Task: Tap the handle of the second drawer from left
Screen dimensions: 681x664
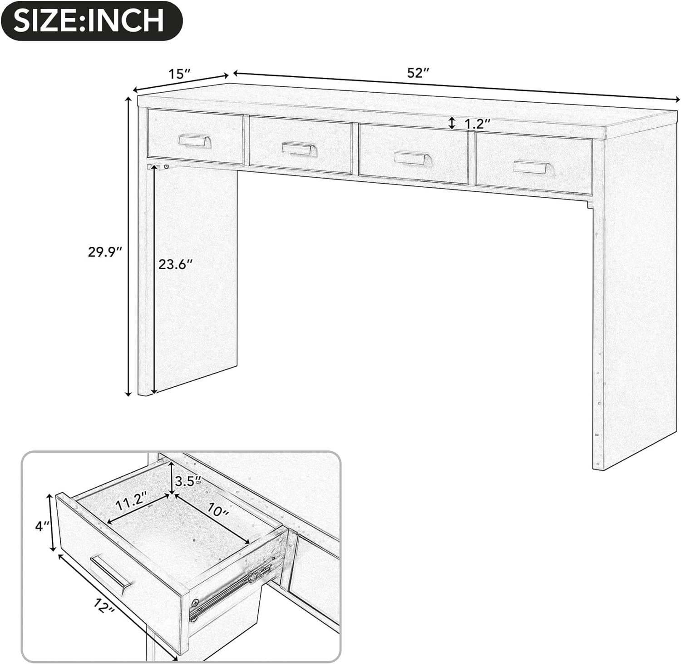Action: pyautogui.click(x=298, y=148)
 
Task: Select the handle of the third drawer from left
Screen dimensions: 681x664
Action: pyautogui.click(x=410, y=158)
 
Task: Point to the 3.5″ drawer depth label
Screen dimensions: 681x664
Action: pyautogui.click(x=188, y=481)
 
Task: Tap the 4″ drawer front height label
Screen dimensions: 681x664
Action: pyautogui.click(x=42, y=526)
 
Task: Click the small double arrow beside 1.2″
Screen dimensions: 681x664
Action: pyautogui.click(x=452, y=123)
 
